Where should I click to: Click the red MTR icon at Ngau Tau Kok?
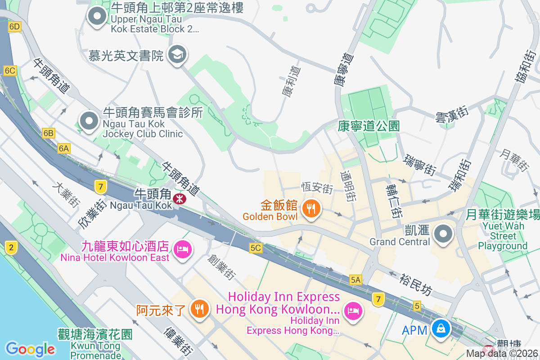coord(180,198)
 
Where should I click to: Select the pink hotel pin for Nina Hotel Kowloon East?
coord(182,248)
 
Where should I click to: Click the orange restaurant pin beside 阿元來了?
coord(198,309)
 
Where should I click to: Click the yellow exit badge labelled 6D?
coord(15,27)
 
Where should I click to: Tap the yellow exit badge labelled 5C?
coord(256,248)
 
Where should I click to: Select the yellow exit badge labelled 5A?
coord(355,280)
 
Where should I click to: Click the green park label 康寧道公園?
coord(369,126)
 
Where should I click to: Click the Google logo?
coord(30,349)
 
